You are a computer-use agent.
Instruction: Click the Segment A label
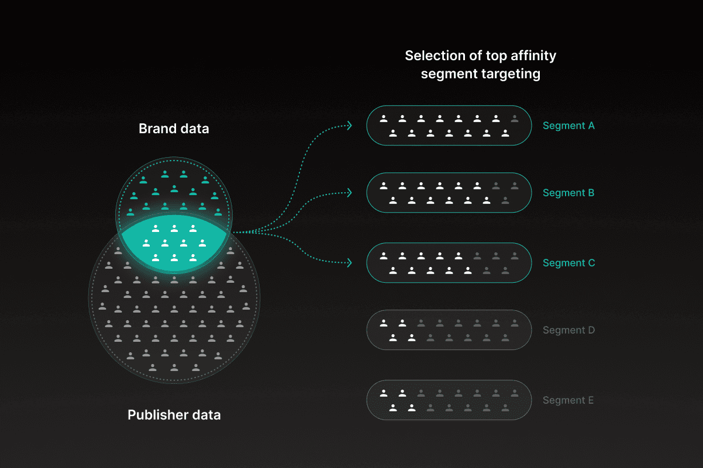pyautogui.click(x=568, y=126)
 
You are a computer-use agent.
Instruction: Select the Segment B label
pyautogui.click(x=568, y=193)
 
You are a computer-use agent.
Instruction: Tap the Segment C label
pyautogui.click(x=568, y=263)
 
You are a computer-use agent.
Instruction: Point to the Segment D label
pyautogui.click(x=568, y=330)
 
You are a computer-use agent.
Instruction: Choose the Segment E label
pyautogui.click(x=568, y=400)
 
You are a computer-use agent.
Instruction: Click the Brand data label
pyautogui.click(x=174, y=129)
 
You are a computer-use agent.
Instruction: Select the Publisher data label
pyautogui.click(x=174, y=415)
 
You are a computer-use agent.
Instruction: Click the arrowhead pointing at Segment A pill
pyautogui.click(x=349, y=125)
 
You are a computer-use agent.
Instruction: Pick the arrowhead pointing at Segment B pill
pyautogui.click(x=349, y=192)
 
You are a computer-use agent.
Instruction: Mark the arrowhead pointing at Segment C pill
pyautogui.click(x=349, y=263)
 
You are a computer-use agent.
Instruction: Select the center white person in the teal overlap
pyautogui.click(x=174, y=242)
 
